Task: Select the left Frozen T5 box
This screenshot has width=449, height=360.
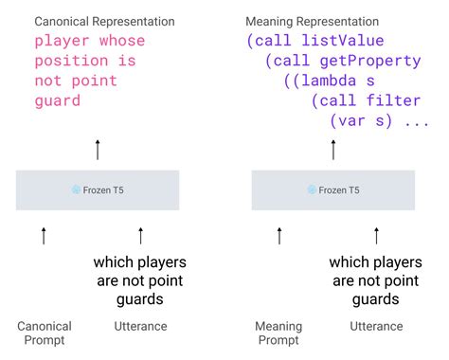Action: (x=97, y=189)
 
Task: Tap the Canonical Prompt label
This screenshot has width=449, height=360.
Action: (x=45, y=333)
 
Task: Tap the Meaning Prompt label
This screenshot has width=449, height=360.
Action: (x=278, y=333)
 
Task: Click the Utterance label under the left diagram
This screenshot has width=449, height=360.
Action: (x=140, y=326)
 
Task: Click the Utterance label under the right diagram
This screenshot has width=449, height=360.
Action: (x=376, y=326)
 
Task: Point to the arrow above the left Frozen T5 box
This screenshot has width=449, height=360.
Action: (x=97, y=148)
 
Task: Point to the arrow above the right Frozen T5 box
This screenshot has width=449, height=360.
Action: (x=332, y=148)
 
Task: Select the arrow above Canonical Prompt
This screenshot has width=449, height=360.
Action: (x=44, y=235)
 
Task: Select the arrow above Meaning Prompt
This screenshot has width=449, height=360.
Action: (x=278, y=235)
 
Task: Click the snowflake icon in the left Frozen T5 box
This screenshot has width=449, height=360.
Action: (x=75, y=190)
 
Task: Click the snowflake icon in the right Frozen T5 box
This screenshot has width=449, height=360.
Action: (x=311, y=190)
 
